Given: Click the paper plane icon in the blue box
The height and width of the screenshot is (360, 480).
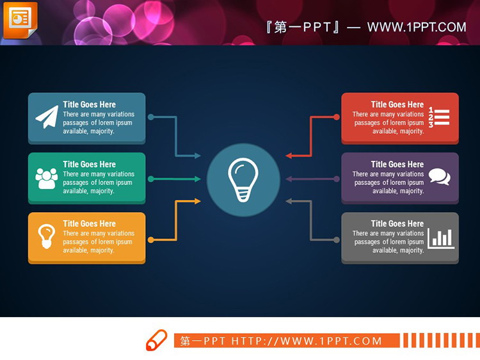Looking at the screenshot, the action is pos(47,117).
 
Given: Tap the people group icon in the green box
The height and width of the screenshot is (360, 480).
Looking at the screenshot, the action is pos(47,178).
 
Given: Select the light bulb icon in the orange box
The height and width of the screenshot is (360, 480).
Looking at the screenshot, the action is pos(47,236).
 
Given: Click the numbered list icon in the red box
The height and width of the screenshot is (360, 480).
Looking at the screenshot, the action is pos(439,117).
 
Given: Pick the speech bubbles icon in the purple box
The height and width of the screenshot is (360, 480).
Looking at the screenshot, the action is pos(439,177).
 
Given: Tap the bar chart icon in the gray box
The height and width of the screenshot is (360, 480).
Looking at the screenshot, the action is pos(441,238).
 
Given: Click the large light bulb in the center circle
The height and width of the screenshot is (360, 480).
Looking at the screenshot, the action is pos(243,179).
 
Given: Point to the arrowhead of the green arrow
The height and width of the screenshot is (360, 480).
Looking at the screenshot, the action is pos(198,179).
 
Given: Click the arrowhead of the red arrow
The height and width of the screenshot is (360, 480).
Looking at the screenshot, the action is pos(289,156).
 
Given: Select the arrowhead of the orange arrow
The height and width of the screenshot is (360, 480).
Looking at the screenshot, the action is pos(198,201).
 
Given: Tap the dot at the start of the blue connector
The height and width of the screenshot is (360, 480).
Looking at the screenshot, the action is pos(151,117).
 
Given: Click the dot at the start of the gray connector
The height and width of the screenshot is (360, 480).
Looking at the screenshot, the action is pos(337,240).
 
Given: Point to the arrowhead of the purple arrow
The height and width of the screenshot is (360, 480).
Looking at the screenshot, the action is pos(289,179).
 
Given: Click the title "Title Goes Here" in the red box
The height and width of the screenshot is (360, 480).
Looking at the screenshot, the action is pos(397,104).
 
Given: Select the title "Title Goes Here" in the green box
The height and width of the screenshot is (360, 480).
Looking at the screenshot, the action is pos(90,164).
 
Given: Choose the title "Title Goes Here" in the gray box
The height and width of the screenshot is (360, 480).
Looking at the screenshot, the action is pos(397,224).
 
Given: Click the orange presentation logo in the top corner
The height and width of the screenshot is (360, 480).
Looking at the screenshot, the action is pos(20,20).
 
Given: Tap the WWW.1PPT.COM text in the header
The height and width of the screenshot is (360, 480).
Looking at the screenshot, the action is pos(417,28).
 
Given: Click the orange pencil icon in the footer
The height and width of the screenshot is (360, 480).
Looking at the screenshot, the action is pos(156,340).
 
